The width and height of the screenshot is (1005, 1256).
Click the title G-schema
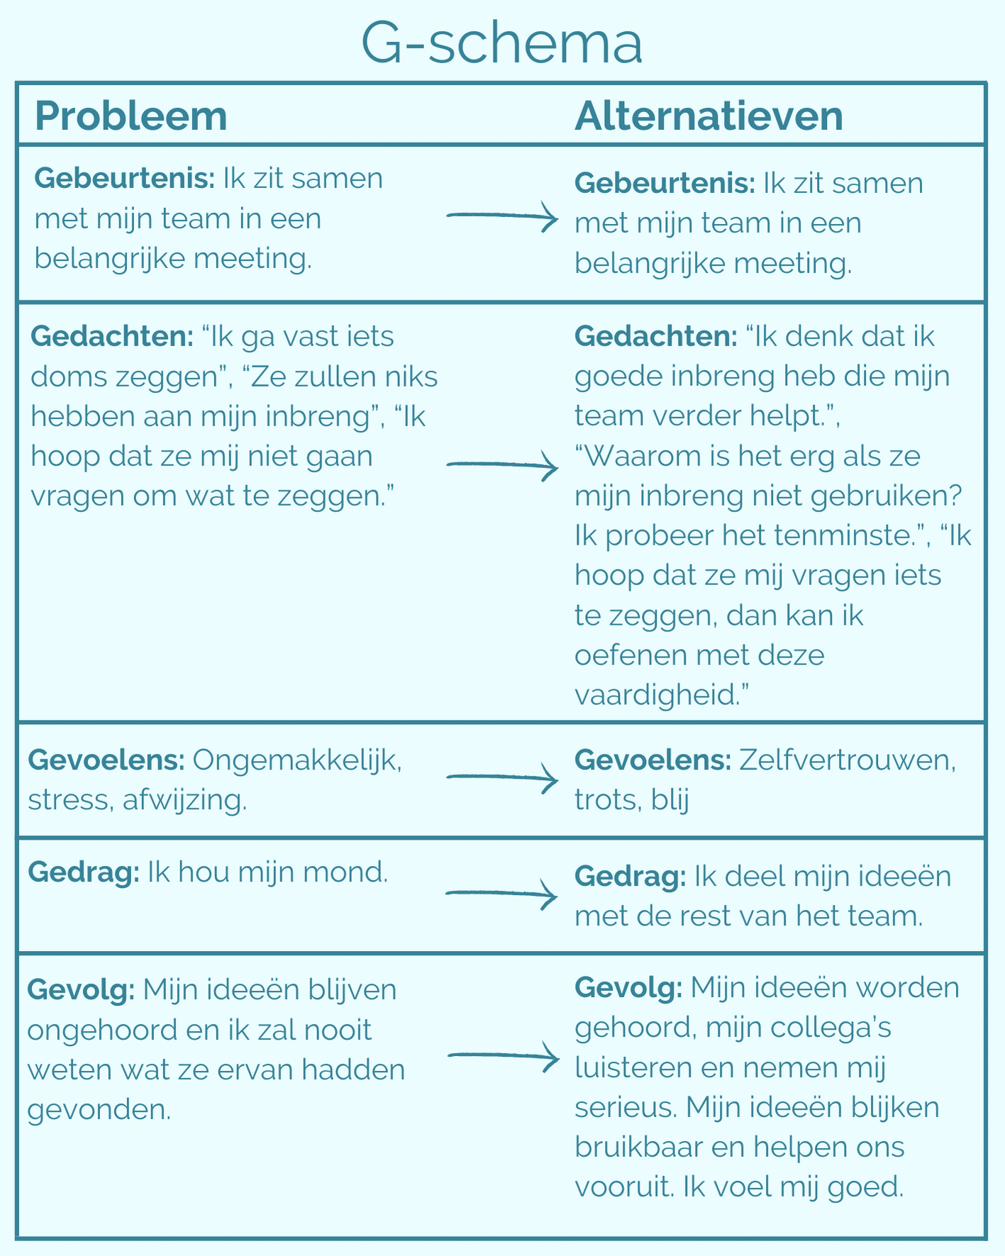click(501, 44)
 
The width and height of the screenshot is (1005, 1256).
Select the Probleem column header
click(131, 116)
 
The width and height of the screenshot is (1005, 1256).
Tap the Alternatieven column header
click(709, 116)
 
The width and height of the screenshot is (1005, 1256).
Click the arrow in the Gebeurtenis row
click(502, 216)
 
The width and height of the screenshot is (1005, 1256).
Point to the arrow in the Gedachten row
click(502, 465)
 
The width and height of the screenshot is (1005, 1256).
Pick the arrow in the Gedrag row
click(502, 894)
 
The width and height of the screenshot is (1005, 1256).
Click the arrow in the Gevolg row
click(502, 1057)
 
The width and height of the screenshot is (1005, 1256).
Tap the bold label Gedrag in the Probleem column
click(84, 872)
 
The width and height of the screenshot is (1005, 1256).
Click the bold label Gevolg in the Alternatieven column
click(628, 987)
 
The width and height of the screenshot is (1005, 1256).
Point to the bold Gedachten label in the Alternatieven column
click(656, 336)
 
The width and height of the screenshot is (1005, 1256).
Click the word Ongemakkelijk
click(296, 760)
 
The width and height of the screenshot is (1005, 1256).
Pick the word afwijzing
click(184, 800)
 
